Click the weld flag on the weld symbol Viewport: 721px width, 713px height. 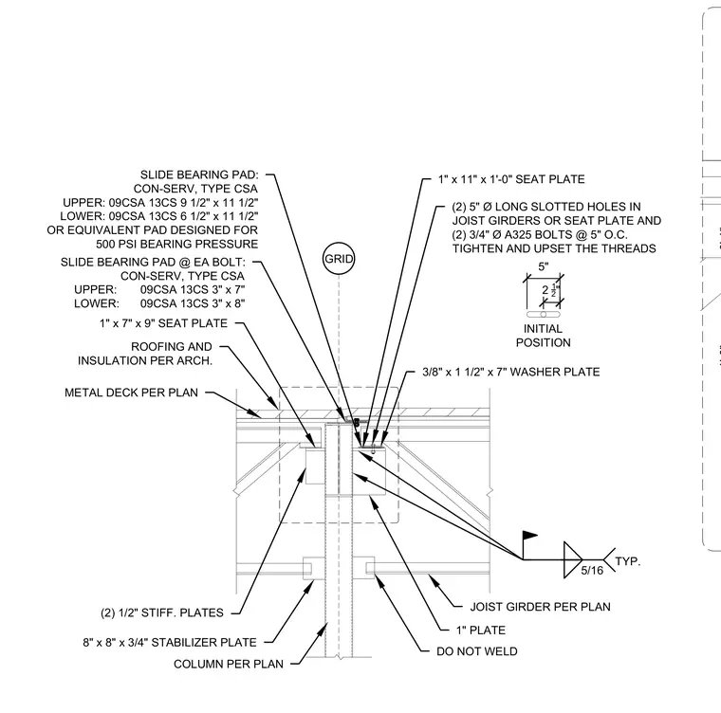point(529,536)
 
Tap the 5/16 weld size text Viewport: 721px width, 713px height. point(592,571)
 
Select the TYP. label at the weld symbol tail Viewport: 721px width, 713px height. point(628,561)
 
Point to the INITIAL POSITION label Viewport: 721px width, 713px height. point(543,336)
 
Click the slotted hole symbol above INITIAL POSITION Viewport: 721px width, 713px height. point(543,315)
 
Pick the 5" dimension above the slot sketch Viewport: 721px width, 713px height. point(544,266)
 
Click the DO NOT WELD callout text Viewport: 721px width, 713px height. point(477,651)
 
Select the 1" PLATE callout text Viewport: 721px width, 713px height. point(481,630)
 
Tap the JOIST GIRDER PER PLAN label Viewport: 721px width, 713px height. point(541,607)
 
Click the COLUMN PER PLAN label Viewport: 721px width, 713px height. point(229,664)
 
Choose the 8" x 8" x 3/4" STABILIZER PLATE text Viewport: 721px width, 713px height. point(170,642)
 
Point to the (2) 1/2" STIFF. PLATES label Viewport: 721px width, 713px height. point(162,612)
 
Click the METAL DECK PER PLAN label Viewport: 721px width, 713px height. point(131,393)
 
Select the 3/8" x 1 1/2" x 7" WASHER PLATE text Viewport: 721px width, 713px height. point(510,372)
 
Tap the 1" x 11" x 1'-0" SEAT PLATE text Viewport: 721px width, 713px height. point(511,179)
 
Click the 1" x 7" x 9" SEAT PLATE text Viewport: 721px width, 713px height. point(163,323)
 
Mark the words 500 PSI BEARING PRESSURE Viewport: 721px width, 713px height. point(177,244)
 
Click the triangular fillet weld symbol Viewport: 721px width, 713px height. point(573,559)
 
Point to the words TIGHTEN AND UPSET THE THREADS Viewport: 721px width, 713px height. point(554,248)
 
